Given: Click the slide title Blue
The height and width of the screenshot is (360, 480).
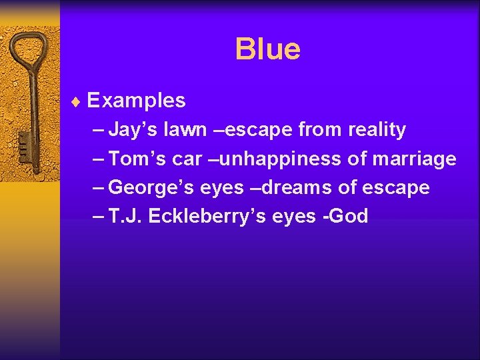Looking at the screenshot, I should (267, 49).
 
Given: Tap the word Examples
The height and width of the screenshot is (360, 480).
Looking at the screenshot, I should (136, 101).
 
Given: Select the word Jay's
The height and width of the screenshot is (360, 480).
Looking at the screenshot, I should (131, 129).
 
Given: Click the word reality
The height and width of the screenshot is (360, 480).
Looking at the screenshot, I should (377, 129).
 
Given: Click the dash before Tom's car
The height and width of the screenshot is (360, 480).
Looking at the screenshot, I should (99, 159).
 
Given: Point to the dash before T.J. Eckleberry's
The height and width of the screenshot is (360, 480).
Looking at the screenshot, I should (99, 217).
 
